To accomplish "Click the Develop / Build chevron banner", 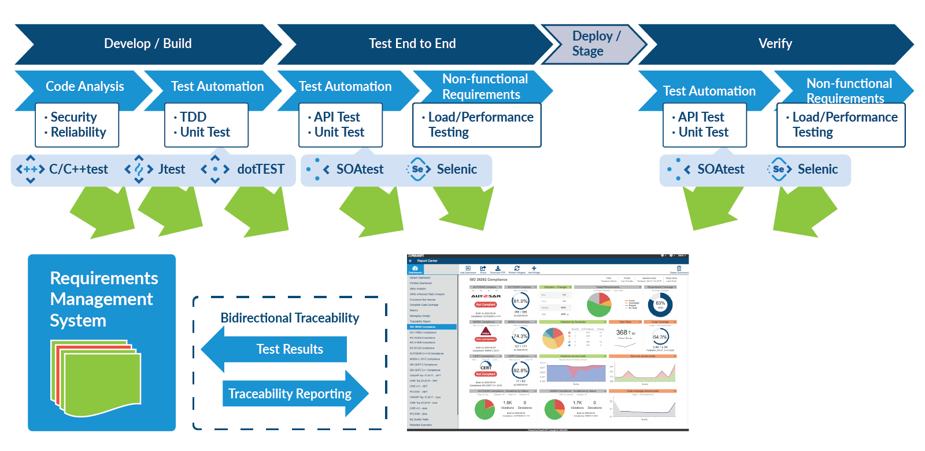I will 147,44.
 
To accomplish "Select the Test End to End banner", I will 412,44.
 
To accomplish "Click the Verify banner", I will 775,44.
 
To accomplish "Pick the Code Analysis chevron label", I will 84,87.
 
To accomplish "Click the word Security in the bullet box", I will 73,117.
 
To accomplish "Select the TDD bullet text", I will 193,117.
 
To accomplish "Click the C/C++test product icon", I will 31,170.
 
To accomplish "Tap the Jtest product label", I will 172,170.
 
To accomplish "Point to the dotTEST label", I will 260,170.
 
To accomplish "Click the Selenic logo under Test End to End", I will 418,170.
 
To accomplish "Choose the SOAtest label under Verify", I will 720,170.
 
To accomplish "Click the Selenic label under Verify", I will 817,170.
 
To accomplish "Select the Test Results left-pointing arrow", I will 277,349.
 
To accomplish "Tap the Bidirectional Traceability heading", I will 290,318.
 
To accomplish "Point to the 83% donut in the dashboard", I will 660,304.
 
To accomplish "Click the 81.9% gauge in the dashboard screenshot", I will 520,302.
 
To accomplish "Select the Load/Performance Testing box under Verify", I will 841,125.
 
